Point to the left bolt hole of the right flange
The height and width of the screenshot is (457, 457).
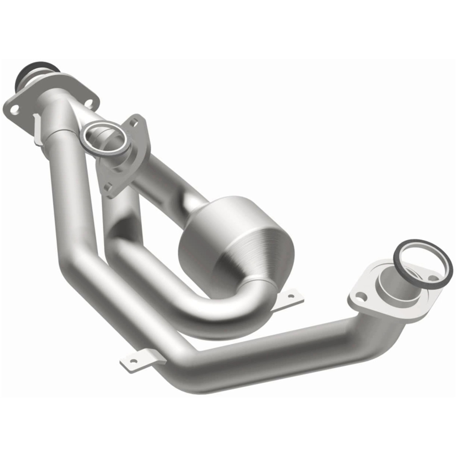coord(361,296)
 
